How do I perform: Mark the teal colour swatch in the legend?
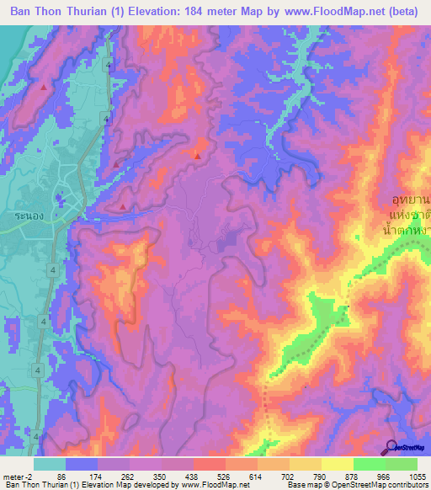(51, 464)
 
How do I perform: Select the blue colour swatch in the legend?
(81, 464)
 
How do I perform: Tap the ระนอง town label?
(26, 216)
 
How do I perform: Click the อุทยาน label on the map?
(410, 200)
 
